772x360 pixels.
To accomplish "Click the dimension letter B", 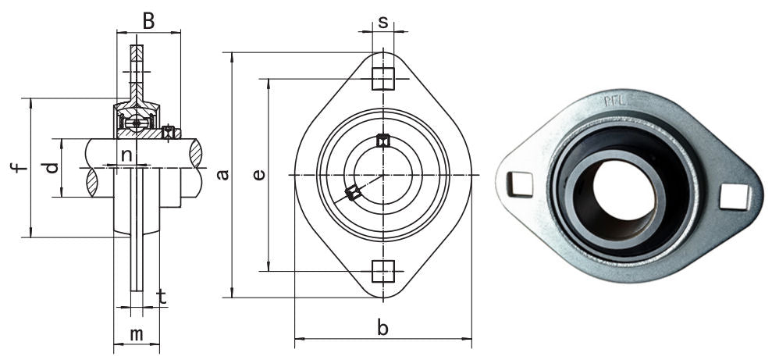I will (x=148, y=21).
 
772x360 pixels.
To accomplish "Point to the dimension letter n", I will (x=126, y=155).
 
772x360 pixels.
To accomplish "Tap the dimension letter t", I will (x=162, y=296).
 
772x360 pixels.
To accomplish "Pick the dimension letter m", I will (x=136, y=334).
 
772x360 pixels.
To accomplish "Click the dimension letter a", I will (x=223, y=174).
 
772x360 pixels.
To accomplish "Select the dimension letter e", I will (x=260, y=174).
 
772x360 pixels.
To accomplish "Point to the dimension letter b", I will (x=382, y=329).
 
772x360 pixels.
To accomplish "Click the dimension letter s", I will (x=382, y=22).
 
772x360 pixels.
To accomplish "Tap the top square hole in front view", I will (x=382, y=78).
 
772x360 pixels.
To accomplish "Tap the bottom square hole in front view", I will (x=382, y=271).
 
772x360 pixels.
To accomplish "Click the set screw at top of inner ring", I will (x=382, y=141).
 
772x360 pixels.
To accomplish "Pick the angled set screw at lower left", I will (x=354, y=192).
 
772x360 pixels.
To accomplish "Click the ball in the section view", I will (x=137, y=123).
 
